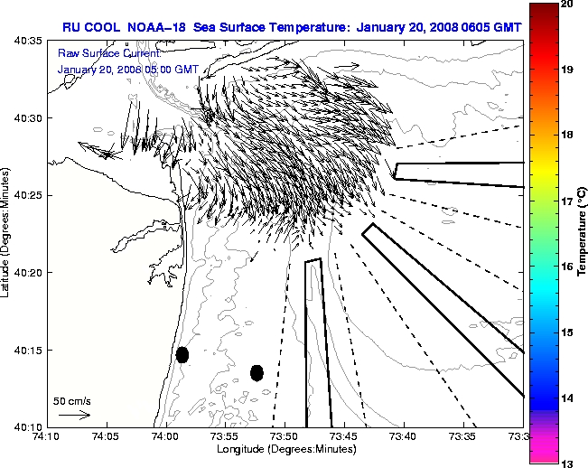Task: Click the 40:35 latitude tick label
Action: [28, 42]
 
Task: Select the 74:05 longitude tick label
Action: [106, 436]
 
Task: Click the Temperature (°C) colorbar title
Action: [582, 233]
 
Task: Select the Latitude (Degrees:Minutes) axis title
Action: [7, 233]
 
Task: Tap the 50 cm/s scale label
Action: [72, 400]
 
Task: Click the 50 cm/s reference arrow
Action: [74, 415]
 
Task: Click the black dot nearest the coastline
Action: [182, 354]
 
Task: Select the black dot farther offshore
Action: [257, 372]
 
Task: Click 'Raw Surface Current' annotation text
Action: [99, 53]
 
